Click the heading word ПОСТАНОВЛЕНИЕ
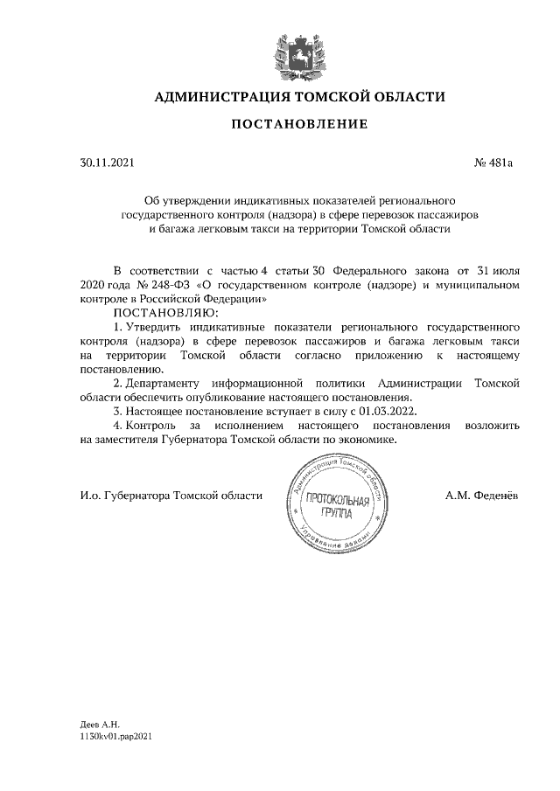click(298, 125)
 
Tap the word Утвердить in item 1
click(152, 326)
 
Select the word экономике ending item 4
click(371, 440)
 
